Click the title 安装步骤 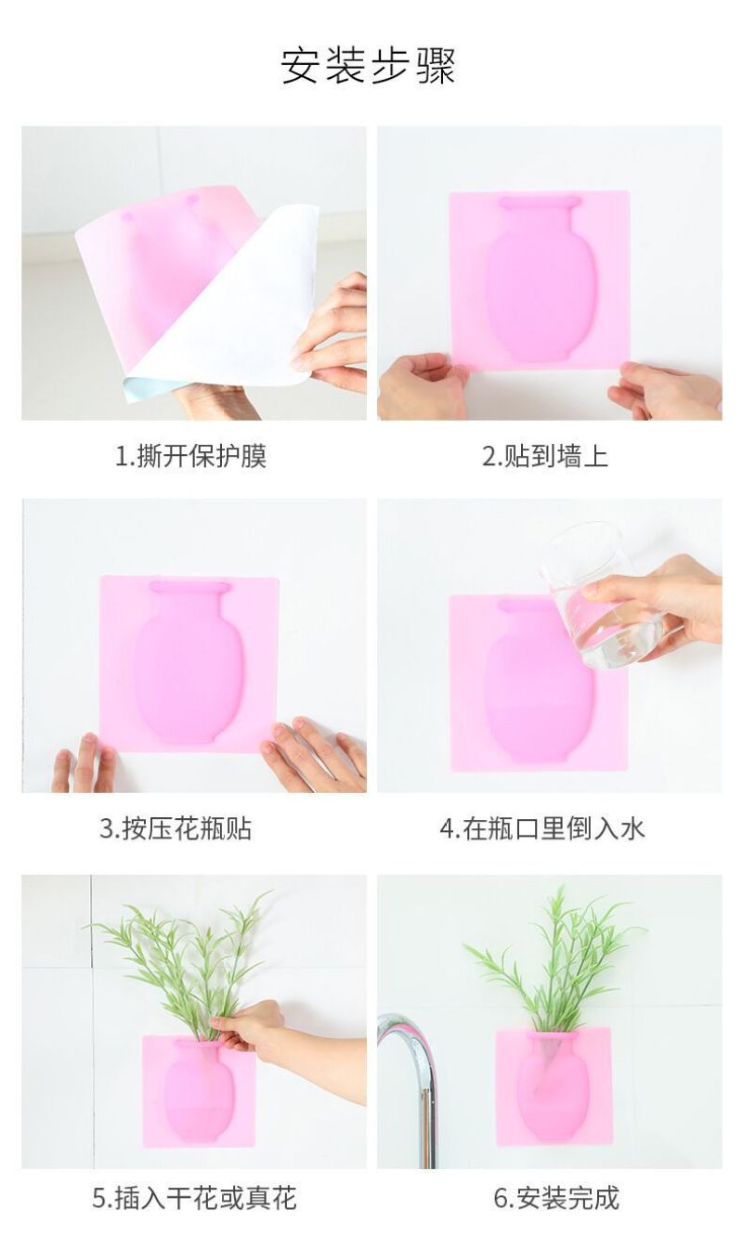[369, 66]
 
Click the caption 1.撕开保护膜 [190, 456]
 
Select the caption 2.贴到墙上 [545, 456]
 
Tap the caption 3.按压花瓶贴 [176, 828]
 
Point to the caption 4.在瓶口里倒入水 [542, 828]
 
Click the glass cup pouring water [601, 596]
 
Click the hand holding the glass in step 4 [658, 607]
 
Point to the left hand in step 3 [84, 764]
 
